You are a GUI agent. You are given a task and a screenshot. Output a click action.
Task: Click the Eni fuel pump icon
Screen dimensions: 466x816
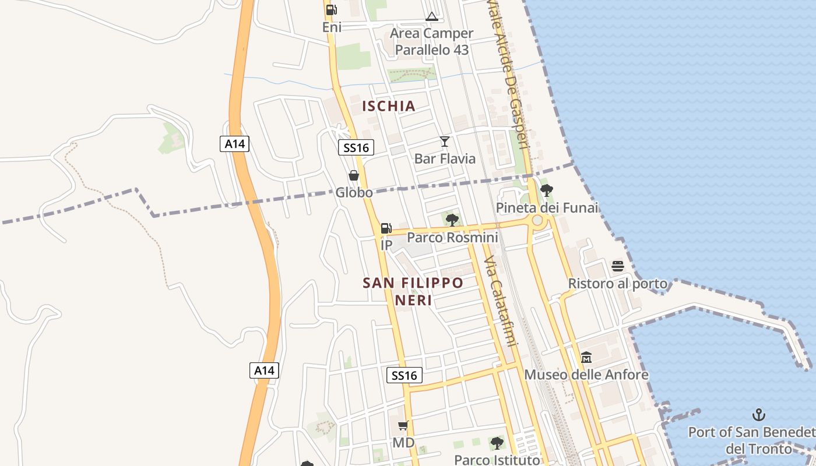pyautogui.click(x=331, y=10)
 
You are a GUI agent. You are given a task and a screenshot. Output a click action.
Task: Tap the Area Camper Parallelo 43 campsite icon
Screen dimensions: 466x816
pyautogui.click(x=431, y=16)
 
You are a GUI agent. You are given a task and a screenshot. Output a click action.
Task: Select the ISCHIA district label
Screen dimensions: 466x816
pyautogui.click(x=389, y=106)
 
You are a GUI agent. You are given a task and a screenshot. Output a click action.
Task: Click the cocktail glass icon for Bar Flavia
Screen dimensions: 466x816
pyautogui.click(x=445, y=142)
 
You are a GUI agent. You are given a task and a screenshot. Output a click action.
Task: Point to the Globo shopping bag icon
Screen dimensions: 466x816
pyautogui.click(x=354, y=175)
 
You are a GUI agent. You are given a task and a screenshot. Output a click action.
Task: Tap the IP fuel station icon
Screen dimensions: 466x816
pyautogui.click(x=386, y=228)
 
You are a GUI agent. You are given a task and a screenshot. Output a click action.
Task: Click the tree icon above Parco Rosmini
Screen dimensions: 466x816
pyautogui.click(x=452, y=220)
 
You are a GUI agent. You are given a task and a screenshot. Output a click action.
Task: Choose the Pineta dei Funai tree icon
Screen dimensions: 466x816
pyautogui.click(x=547, y=190)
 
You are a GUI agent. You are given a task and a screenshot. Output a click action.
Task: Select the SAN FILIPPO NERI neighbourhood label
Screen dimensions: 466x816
pyautogui.click(x=413, y=291)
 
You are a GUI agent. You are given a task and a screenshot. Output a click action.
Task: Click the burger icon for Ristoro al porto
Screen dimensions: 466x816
pyautogui.click(x=618, y=266)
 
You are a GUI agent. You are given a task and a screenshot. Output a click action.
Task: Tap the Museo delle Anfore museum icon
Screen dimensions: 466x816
pyautogui.click(x=586, y=357)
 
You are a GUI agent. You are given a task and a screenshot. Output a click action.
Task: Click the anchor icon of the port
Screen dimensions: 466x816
pyautogui.click(x=758, y=415)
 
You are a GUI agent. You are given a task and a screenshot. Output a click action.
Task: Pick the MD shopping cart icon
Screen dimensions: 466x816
pyautogui.click(x=403, y=426)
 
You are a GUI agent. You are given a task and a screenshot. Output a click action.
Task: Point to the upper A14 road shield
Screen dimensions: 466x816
pyautogui.click(x=234, y=143)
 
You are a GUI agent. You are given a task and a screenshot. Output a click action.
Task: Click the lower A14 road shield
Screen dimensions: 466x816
pyautogui.click(x=265, y=370)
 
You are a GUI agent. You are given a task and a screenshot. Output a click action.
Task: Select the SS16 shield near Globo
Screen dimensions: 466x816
pyautogui.click(x=356, y=147)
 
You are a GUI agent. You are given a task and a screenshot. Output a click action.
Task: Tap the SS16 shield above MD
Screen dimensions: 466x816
pyautogui.click(x=405, y=375)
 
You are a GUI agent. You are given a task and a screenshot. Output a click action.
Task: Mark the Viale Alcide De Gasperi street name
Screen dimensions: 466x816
pyautogui.click(x=509, y=73)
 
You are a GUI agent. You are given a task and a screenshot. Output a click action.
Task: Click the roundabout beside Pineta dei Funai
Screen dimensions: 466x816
pyautogui.click(x=537, y=221)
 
